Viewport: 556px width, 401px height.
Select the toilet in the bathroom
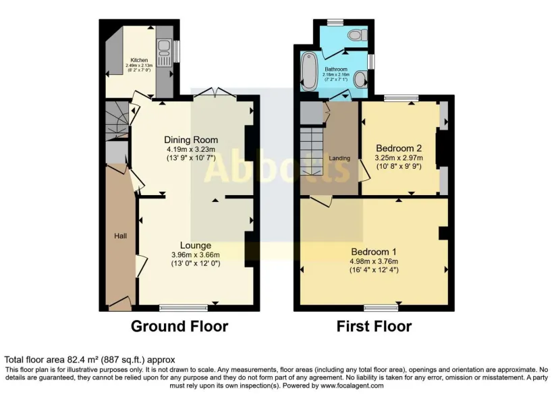coord(354,34)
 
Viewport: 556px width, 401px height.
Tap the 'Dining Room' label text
coord(191,140)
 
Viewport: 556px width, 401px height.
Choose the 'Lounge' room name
coord(196,245)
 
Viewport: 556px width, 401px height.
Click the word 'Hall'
coord(118,236)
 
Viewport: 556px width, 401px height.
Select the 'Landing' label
coord(339,158)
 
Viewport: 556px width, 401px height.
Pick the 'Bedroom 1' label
coord(374,251)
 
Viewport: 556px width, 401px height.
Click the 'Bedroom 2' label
coord(399,148)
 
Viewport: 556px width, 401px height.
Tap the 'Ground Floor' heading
coord(179,326)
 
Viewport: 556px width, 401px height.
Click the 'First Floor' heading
coord(374,326)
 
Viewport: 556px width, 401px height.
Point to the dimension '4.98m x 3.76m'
coord(374,261)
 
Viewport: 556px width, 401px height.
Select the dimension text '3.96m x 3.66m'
coord(195,255)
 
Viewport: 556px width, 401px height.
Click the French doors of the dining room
coord(215,95)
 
